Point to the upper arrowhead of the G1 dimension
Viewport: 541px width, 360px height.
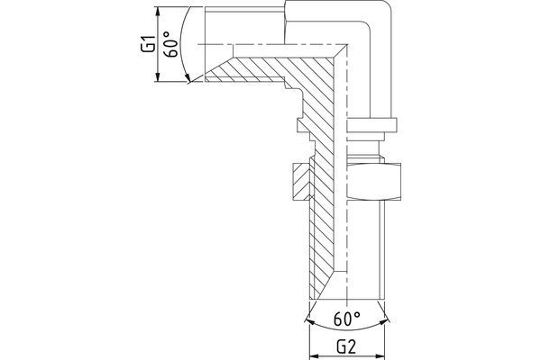pyautogui.click(x=158, y=11)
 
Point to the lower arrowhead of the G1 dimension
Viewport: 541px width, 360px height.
pyautogui.click(x=158, y=78)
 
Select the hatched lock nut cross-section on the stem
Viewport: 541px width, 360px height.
pyautogui.click(x=300, y=184)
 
